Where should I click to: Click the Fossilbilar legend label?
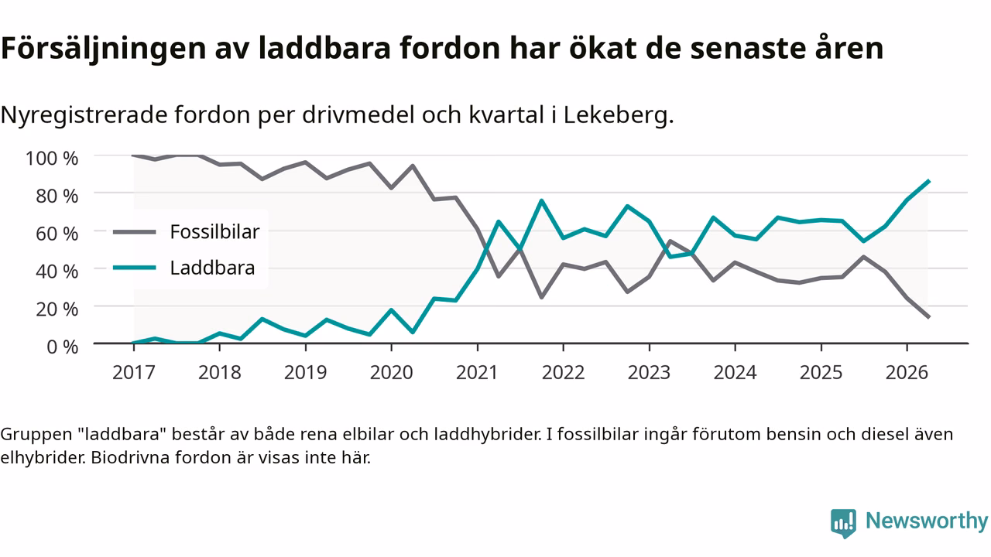click(214, 231)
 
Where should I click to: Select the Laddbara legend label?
click(212, 268)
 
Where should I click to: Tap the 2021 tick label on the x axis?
click(477, 373)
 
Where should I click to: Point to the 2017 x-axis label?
click(134, 373)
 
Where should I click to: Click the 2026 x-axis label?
click(907, 373)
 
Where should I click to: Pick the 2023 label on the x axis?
click(649, 373)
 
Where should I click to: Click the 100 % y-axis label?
click(52, 159)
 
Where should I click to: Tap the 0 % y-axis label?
click(63, 347)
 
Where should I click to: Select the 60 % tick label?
click(57, 234)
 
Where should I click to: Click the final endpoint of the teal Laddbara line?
click(928, 181)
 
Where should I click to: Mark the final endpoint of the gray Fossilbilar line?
click(928, 317)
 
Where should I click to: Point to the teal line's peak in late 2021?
click(541, 200)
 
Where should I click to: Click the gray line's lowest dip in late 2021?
click(541, 297)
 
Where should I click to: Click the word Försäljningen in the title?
click(104, 49)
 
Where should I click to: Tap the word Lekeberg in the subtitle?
click(615, 115)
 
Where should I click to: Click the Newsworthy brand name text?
click(927, 521)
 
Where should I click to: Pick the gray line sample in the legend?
click(135, 232)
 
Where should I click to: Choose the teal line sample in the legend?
click(135, 268)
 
